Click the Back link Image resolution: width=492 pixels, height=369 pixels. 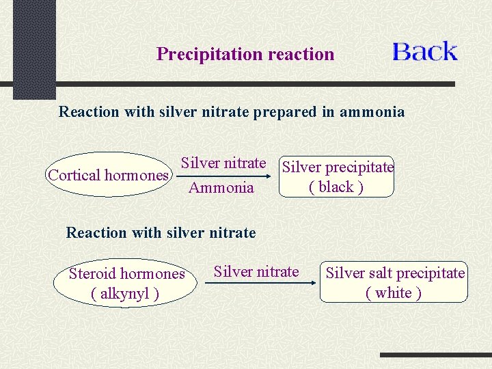click(424, 52)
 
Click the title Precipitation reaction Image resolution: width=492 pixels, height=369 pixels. click(245, 54)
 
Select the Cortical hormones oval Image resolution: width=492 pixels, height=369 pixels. click(108, 175)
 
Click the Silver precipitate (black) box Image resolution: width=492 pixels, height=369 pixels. click(337, 176)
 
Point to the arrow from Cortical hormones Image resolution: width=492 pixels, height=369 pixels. click(222, 175)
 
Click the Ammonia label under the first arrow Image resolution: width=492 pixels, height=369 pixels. click(221, 188)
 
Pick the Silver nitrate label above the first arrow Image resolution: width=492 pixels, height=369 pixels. click(223, 163)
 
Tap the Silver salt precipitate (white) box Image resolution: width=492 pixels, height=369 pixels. click(394, 282)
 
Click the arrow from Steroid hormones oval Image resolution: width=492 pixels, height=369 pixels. click(256, 283)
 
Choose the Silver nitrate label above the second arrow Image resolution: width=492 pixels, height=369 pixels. click(256, 271)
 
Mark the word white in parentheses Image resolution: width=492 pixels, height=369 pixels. click(394, 293)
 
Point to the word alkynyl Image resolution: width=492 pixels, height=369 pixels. click(125, 294)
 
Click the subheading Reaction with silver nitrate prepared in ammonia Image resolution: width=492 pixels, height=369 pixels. click(232, 111)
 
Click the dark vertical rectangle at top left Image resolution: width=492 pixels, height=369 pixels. click(34, 48)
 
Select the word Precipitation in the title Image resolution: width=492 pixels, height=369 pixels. click(200, 54)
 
